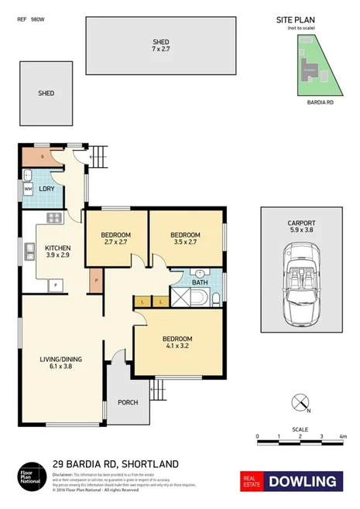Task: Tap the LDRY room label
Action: point(46,188)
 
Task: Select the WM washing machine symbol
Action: point(29,188)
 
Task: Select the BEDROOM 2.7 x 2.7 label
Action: point(115,238)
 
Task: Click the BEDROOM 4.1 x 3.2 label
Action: point(177,343)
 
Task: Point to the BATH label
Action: point(200,283)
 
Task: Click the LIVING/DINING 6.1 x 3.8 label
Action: point(61,363)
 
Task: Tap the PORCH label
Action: point(128,402)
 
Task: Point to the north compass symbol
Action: point(298,401)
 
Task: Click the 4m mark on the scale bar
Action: point(341,437)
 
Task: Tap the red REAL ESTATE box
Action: point(253,480)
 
